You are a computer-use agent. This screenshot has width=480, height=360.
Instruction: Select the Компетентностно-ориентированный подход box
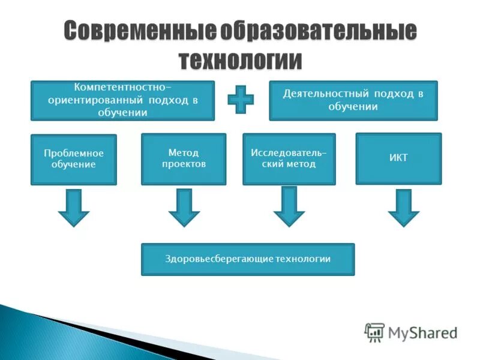click(122, 100)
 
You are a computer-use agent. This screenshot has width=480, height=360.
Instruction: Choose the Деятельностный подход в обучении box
click(353, 100)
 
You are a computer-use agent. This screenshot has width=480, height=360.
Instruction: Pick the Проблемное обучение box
click(73, 159)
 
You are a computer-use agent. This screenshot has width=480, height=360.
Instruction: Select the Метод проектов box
click(184, 159)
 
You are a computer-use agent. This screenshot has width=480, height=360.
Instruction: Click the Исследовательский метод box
click(289, 159)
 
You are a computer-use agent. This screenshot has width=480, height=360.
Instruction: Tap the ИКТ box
click(398, 158)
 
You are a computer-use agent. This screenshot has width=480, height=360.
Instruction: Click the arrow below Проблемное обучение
click(73, 208)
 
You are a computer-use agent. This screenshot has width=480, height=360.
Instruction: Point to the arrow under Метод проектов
click(184, 208)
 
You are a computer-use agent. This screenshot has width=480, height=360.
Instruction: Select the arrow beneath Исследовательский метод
click(289, 206)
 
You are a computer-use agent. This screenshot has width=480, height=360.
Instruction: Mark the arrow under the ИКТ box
click(403, 208)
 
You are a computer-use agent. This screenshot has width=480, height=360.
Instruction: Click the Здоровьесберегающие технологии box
click(248, 259)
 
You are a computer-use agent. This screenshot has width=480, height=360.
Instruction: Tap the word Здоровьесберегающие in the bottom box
click(219, 259)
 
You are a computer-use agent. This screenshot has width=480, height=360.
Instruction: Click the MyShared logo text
click(422, 332)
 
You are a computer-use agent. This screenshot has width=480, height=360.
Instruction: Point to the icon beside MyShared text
click(374, 332)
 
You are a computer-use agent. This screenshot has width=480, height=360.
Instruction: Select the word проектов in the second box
click(184, 164)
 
